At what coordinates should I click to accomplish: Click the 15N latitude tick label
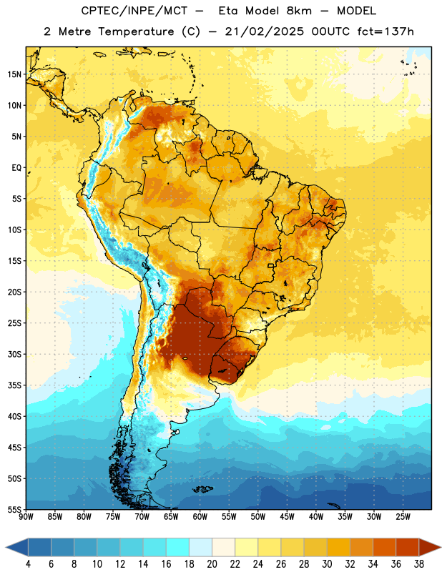(x=14, y=74)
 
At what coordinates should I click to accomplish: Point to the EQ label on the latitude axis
(x=16, y=168)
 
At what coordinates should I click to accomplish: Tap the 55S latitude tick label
(x=14, y=509)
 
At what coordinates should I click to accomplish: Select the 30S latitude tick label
(x=14, y=354)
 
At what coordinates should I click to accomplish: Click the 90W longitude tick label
(x=26, y=517)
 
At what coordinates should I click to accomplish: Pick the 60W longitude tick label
(x=200, y=517)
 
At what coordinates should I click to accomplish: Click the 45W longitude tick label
(x=287, y=517)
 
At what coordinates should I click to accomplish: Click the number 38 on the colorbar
(x=419, y=564)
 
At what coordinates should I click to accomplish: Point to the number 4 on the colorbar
(x=28, y=564)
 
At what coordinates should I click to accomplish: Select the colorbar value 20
(x=212, y=564)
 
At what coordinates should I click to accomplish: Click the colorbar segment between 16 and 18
(x=178, y=547)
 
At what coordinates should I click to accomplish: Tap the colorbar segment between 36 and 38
(x=408, y=547)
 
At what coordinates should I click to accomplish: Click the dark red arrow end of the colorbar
(x=429, y=547)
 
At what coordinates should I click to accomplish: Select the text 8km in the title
(x=299, y=11)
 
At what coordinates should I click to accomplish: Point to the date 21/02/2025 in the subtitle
(x=264, y=31)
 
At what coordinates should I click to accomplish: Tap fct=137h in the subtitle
(x=385, y=31)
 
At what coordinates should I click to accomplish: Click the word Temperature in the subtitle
(x=136, y=32)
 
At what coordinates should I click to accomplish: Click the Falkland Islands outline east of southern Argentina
(x=203, y=489)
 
